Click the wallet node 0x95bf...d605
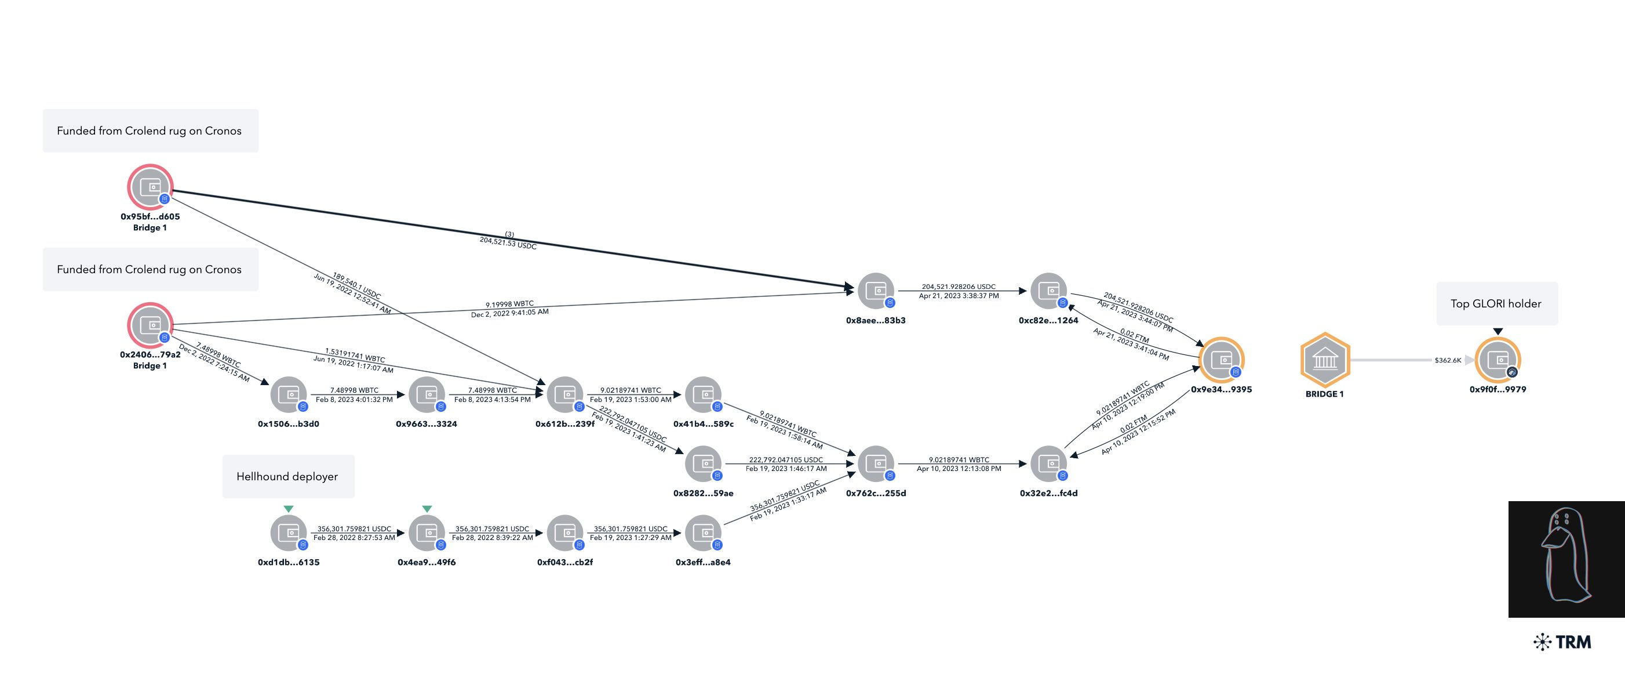click(150, 187)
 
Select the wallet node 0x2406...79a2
click(150, 325)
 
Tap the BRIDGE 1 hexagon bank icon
click(1325, 360)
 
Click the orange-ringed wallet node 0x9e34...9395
click(1221, 360)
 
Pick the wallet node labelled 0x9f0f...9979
click(1498, 360)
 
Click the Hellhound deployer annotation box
click(287, 476)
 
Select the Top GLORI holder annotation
click(1496, 303)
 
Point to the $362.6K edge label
click(1447, 360)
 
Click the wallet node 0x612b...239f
click(564, 394)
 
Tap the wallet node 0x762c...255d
click(876, 464)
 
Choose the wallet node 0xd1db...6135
click(288, 533)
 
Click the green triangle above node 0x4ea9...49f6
click(427, 509)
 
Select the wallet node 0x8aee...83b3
click(876, 291)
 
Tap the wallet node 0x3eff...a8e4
click(703, 533)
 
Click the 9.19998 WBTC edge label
click(510, 304)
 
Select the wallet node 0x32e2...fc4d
click(1048, 464)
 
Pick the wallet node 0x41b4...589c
click(703, 394)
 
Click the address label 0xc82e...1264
click(1048, 321)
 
